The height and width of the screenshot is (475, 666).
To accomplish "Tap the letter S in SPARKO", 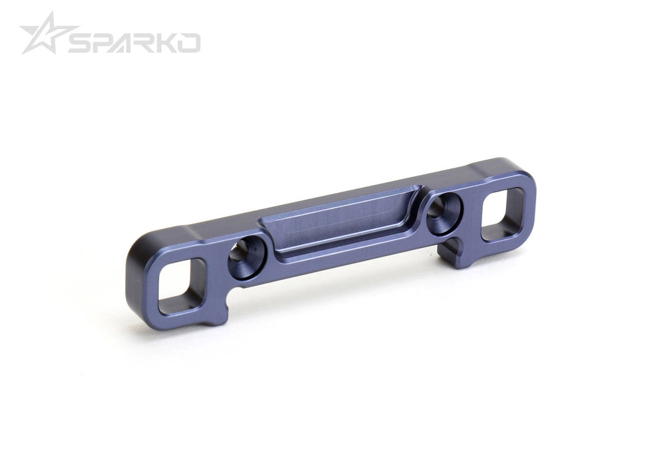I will click(83, 43).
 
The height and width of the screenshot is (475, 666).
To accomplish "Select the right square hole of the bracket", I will click(503, 214).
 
